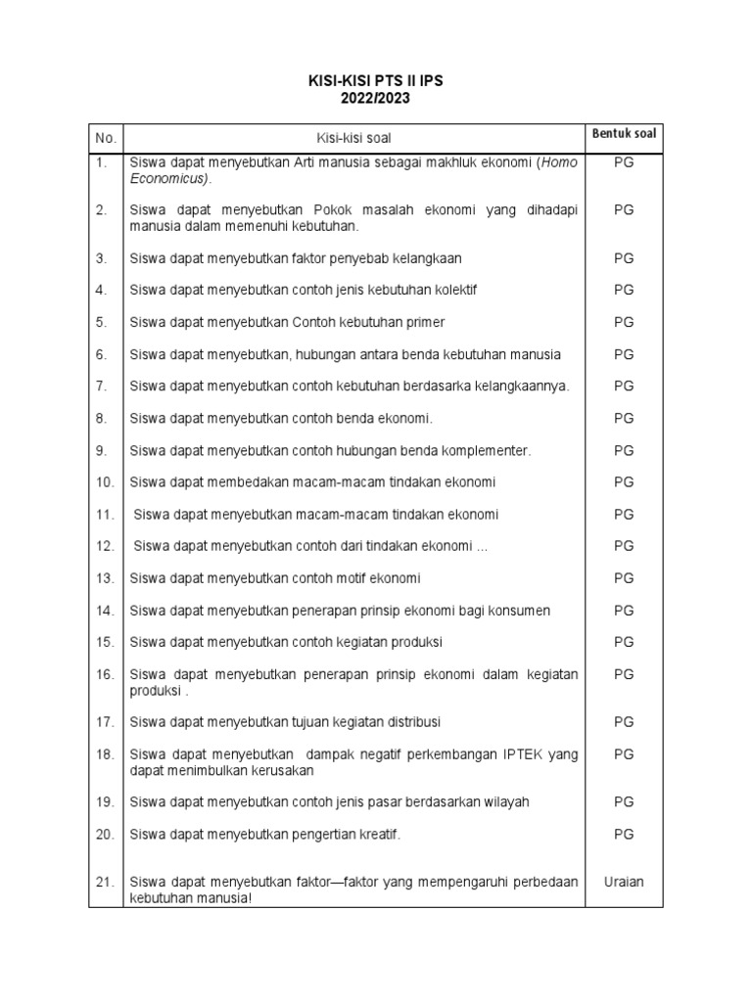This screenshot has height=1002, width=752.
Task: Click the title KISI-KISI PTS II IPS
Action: (x=376, y=82)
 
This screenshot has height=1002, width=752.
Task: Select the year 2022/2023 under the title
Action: (x=376, y=99)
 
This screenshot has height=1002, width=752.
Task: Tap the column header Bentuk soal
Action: (x=624, y=133)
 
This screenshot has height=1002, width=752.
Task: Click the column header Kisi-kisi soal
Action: (x=353, y=139)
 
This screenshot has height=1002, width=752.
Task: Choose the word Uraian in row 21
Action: (x=624, y=882)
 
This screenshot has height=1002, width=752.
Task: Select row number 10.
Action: (x=105, y=482)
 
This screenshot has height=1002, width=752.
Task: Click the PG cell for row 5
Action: (x=624, y=322)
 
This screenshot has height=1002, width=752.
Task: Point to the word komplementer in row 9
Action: (x=484, y=450)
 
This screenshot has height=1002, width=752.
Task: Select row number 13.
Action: (x=105, y=578)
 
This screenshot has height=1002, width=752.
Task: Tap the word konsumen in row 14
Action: (x=516, y=611)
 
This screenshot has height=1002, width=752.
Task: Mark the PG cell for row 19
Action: (x=624, y=802)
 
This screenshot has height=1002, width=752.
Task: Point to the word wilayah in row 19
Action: (x=504, y=802)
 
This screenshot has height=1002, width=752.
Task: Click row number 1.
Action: (x=102, y=163)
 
